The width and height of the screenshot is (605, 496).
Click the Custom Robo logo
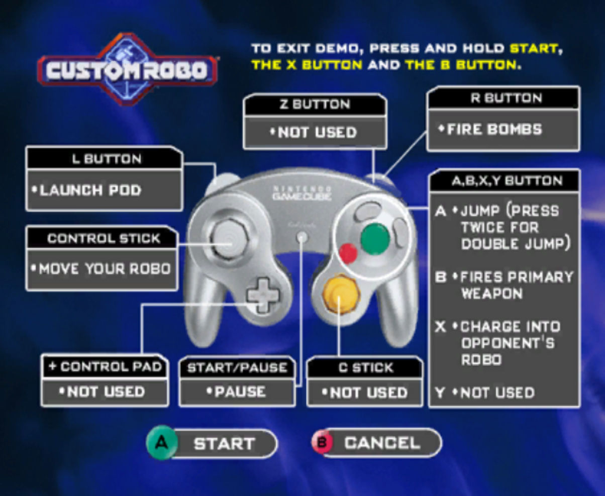(127, 69)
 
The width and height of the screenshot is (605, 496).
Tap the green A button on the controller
(375, 239)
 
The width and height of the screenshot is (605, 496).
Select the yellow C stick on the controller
(341, 293)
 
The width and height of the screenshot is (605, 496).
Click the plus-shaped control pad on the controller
(263, 295)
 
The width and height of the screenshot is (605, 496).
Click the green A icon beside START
(161, 443)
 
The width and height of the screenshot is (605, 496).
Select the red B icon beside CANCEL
(322, 442)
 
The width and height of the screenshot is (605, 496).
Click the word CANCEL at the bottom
(382, 443)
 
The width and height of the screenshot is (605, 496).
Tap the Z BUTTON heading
(315, 104)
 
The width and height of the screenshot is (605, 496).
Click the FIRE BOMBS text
(494, 129)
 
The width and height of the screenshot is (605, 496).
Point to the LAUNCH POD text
(90, 190)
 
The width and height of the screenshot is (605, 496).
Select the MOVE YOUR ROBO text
(105, 269)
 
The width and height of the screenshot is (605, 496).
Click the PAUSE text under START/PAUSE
(240, 392)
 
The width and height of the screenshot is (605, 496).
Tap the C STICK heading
(366, 367)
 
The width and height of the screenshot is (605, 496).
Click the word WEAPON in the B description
(492, 293)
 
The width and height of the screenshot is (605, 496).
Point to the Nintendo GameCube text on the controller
(302, 193)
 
